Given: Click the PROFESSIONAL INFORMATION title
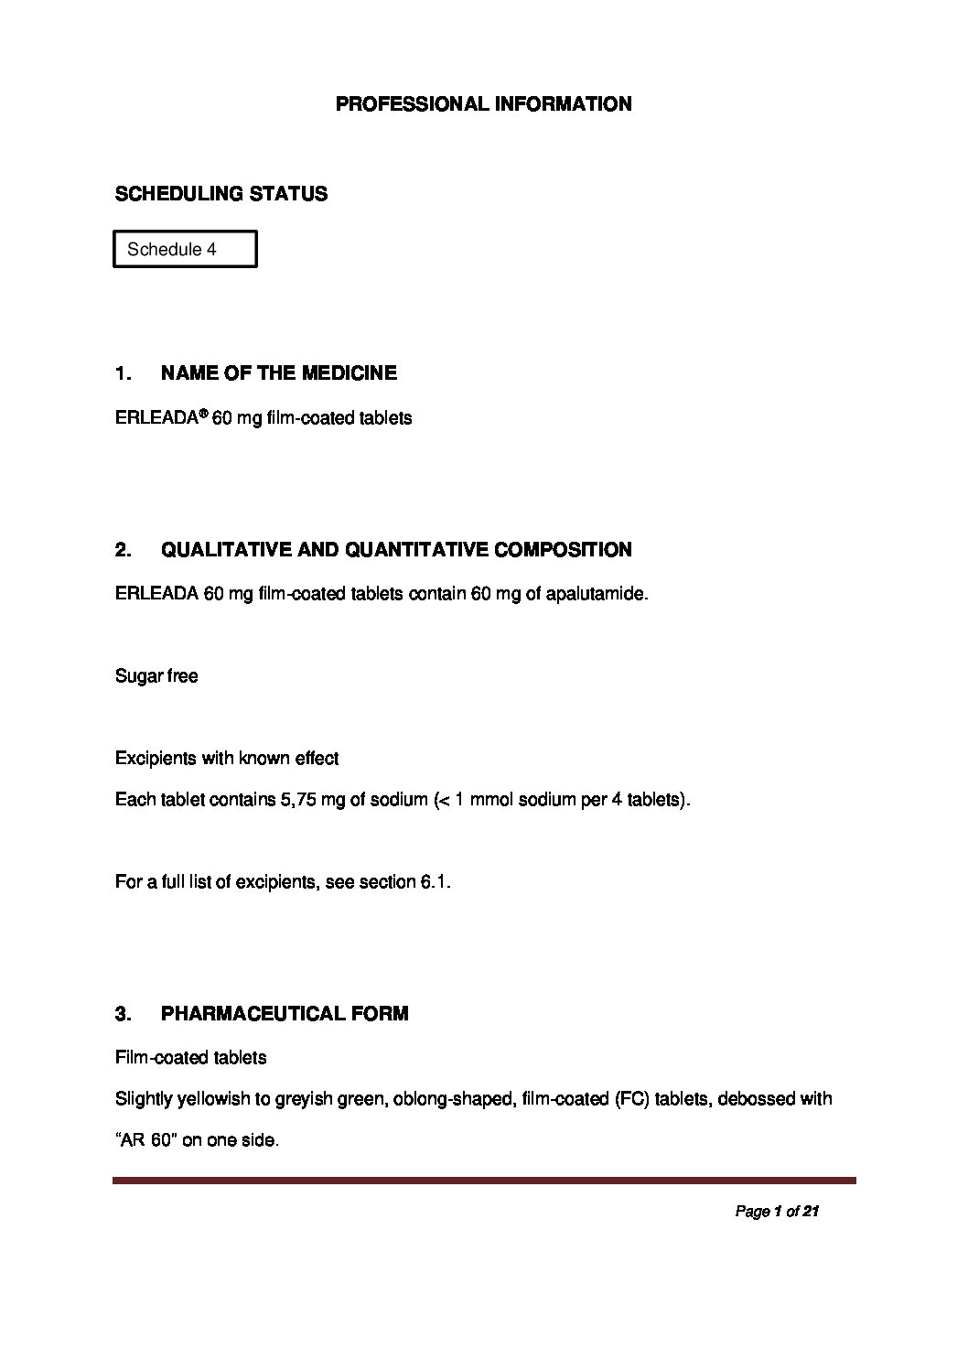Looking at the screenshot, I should (483, 104).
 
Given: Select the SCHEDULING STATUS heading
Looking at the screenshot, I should (220, 194).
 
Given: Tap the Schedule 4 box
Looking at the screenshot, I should (185, 249).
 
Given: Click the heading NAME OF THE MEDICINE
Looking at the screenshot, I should (278, 373).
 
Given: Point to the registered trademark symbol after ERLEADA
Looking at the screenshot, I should (203, 414).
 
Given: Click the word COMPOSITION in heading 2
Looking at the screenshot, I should (563, 550).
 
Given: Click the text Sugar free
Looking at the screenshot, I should (156, 676).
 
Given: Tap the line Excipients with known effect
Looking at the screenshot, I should (227, 759).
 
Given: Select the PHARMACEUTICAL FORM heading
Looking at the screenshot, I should (285, 1014).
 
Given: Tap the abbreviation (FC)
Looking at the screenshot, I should (629, 1098).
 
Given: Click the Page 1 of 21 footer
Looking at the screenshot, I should (776, 1212).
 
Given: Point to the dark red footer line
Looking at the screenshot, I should (484, 1181).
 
